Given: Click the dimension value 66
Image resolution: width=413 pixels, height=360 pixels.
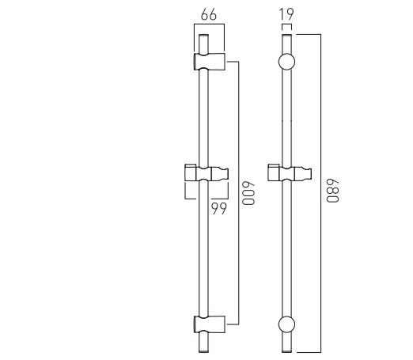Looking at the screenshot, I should [x=208, y=13].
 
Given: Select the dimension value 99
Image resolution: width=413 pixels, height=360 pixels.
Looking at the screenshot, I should [x=218, y=208].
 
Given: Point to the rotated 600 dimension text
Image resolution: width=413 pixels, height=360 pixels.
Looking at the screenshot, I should [x=248, y=194].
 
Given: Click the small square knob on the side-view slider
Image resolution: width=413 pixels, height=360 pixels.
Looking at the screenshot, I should [x=190, y=171].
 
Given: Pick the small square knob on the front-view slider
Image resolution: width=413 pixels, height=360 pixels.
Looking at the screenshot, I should [x=273, y=171].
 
